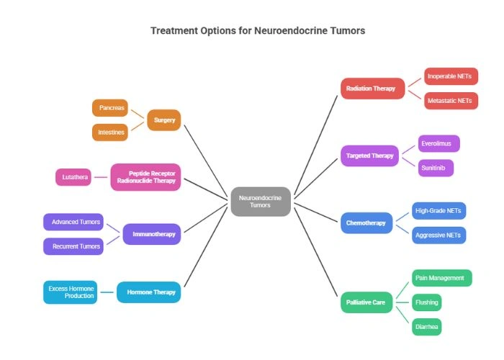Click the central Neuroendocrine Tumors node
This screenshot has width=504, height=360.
pos(261,201)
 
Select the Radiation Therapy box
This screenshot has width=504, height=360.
pos(372,89)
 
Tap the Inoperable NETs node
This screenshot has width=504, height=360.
pos(451,76)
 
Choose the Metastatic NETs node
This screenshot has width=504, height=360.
pos(451,101)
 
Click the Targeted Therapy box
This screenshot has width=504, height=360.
pos(369,156)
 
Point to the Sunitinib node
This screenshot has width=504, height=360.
pos(436,168)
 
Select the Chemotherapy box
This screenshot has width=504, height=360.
pos(366,223)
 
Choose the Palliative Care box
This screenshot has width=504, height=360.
pos(366,302)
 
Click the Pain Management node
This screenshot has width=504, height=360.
pos(442,278)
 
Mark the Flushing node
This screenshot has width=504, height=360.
pos(426,302)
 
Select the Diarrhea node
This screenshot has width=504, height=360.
pos(426,327)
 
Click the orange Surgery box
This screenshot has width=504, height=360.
pos(164,120)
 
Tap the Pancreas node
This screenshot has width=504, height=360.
pos(111,108)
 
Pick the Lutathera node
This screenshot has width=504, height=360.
pos(73,176)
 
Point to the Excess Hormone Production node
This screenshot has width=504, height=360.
pos(71,292)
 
